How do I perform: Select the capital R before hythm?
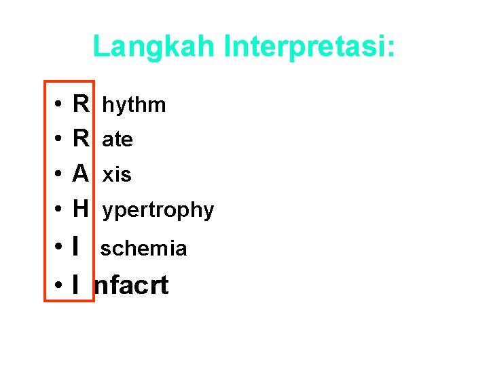[x=81, y=104]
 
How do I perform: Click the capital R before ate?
[x=81, y=139]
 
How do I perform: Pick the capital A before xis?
[x=81, y=174]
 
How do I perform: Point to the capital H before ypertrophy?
[x=81, y=209]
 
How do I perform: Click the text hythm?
[x=134, y=105]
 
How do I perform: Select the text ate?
[x=117, y=140]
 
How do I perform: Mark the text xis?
[x=117, y=175]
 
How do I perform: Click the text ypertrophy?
[x=158, y=211]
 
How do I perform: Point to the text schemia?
[x=144, y=249]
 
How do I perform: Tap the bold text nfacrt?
[x=132, y=286]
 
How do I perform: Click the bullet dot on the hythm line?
[x=59, y=105]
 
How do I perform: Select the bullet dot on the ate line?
[x=59, y=140]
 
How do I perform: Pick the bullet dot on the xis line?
[x=59, y=175]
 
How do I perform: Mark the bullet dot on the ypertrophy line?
[x=59, y=210]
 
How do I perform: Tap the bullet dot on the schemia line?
[x=59, y=248]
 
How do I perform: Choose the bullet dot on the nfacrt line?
[x=59, y=287]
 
